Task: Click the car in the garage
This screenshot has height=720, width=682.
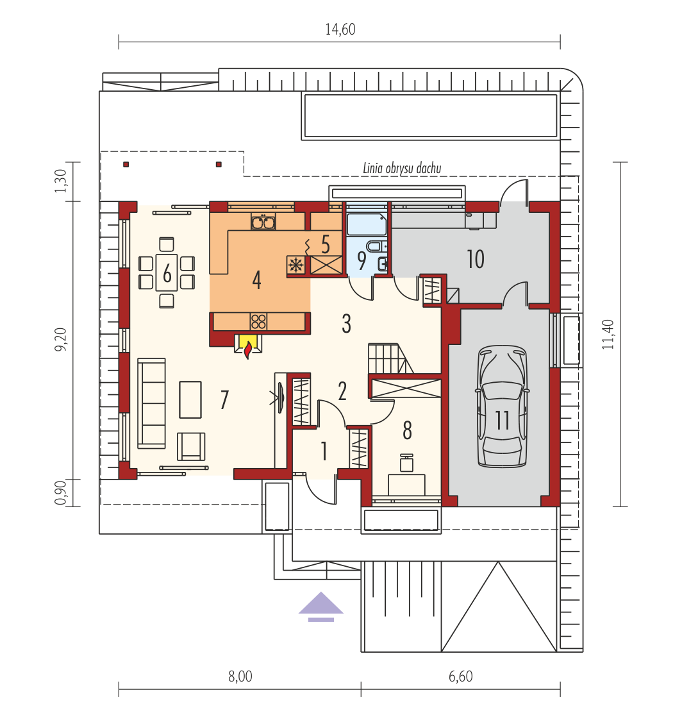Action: point(502,407)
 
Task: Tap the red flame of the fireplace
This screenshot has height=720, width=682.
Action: point(248,350)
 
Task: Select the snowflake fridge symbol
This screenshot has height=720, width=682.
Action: point(296,265)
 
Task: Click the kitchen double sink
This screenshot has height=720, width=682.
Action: point(263,222)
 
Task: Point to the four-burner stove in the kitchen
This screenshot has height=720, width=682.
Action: point(258,321)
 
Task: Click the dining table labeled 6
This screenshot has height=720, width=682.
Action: point(167,272)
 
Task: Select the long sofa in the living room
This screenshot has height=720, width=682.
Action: point(151,403)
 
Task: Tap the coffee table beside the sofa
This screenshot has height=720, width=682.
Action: point(190,399)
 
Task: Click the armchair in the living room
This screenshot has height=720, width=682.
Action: point(191,446)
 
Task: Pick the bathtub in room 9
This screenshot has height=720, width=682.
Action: point(367,224)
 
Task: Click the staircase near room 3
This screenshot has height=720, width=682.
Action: point(390,358)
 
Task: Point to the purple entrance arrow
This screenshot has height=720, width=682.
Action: point(320,606)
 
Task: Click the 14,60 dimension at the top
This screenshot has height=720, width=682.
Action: point(340,29)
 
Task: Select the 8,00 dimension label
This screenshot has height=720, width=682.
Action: point(240,676)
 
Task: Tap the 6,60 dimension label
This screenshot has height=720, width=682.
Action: point(460,676)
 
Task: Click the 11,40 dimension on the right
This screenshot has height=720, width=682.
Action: point(608,334)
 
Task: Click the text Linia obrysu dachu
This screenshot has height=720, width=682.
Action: point(402,169)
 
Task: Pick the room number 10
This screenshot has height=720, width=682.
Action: point(476,260)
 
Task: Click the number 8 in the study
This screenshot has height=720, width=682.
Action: point(407,431)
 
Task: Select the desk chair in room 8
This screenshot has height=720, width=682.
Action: point(406,463)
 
